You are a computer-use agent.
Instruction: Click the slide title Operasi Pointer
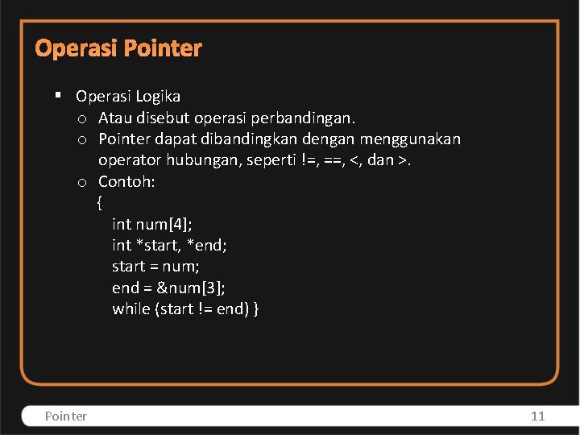tap(118, 48)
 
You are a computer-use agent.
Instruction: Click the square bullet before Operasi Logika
tap(58, 96)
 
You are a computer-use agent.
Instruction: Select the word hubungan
tap(203, 160)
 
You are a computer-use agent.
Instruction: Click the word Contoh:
tap(126, 181)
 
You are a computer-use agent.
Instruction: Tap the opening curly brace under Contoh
tap(100, 202)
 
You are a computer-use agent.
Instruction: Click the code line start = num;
tap(155, 266)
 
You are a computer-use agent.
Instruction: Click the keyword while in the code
tap(130, 309)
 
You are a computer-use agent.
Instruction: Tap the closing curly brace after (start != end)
tap(255, 309)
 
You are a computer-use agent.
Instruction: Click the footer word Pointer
tap(66, 416)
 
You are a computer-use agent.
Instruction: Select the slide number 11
tap(537, 416)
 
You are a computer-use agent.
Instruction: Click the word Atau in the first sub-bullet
tap(116, 118)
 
